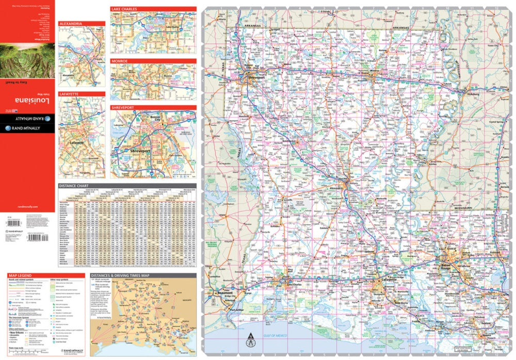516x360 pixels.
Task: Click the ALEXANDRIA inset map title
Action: click(70, 24)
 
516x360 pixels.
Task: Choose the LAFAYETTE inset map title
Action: click(68, 94)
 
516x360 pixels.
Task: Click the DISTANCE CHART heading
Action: click(74, 185)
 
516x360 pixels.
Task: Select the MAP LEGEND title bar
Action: click(21, 276)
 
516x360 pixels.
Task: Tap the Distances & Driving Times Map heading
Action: click(120, 276)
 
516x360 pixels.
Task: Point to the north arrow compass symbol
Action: click(251, 340)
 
